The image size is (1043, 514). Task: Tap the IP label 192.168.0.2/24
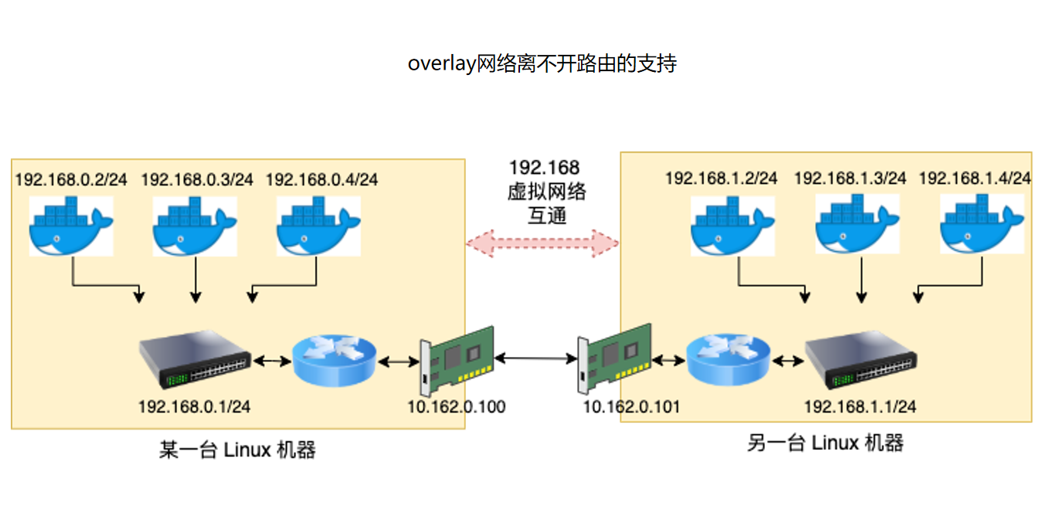click(72, 180)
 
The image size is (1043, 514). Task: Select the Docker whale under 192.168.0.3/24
click(195, 226)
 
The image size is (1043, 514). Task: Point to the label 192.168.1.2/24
click(721, 179)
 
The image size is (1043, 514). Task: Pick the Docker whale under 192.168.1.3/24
click(858, 224)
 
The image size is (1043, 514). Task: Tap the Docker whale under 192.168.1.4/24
click(982, 224)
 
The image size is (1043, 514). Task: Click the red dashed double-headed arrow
click(542, 243)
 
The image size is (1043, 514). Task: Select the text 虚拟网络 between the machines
click(546, 192)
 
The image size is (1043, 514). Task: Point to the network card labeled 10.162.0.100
click(456, 358)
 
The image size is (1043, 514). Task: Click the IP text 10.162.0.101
click(631, 407)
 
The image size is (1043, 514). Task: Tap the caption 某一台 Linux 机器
click(237, 450)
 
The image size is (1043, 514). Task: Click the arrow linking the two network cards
click(535, 358)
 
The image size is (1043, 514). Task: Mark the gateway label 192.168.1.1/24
click(860, 407)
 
